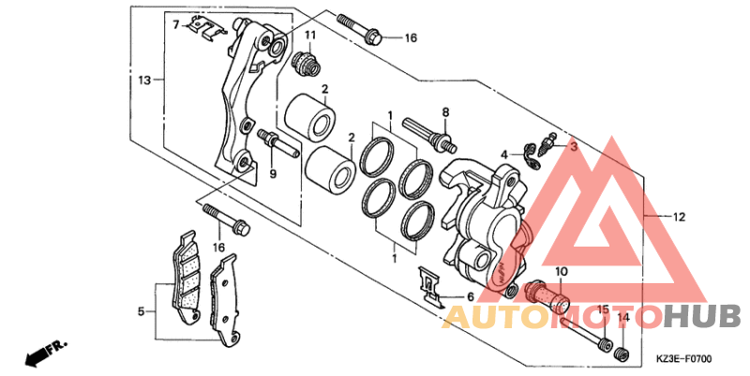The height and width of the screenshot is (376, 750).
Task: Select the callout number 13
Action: click(x=144, y=81)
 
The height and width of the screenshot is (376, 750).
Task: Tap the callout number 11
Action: click(x=309, y=37)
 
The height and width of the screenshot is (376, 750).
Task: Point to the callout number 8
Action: click(x=445, y=113)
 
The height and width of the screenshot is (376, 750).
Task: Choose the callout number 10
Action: click(x=560, y=273)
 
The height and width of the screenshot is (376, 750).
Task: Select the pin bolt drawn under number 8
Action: click(x=428, y=131)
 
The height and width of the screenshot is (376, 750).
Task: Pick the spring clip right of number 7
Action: click(x=205, y=27)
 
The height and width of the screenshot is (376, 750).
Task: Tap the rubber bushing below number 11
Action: click(x=304, y=65)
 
